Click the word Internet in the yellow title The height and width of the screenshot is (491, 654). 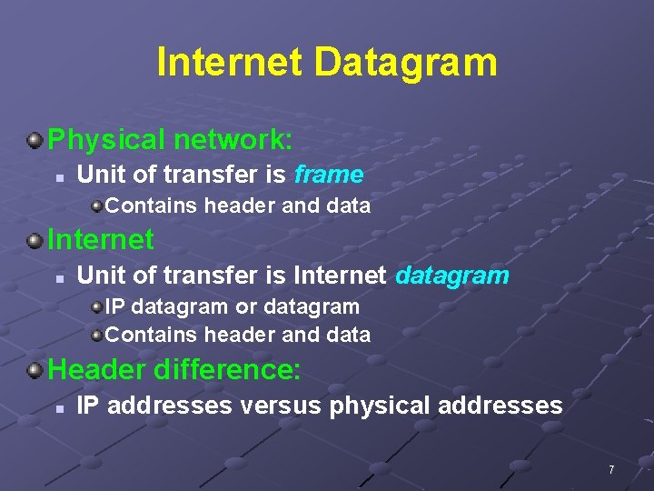click(x=229, y=63)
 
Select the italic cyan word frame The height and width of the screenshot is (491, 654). click(x=329, y=174)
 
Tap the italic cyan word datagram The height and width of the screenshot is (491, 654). click(x=452, y=275)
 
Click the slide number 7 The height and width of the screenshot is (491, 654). click(x=611, y=470)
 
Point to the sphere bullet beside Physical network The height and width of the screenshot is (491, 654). click(x=35, y=140)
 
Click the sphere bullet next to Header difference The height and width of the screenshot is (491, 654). click(x=35, y=370)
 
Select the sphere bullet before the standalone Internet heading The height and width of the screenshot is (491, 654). click(x=35, y=241)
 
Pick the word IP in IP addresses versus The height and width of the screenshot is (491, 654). click(x=87, y=406)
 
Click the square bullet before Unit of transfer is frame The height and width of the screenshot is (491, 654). click(x=57, y=175)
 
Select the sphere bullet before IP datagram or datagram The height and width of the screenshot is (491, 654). click(x=96, y=307)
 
